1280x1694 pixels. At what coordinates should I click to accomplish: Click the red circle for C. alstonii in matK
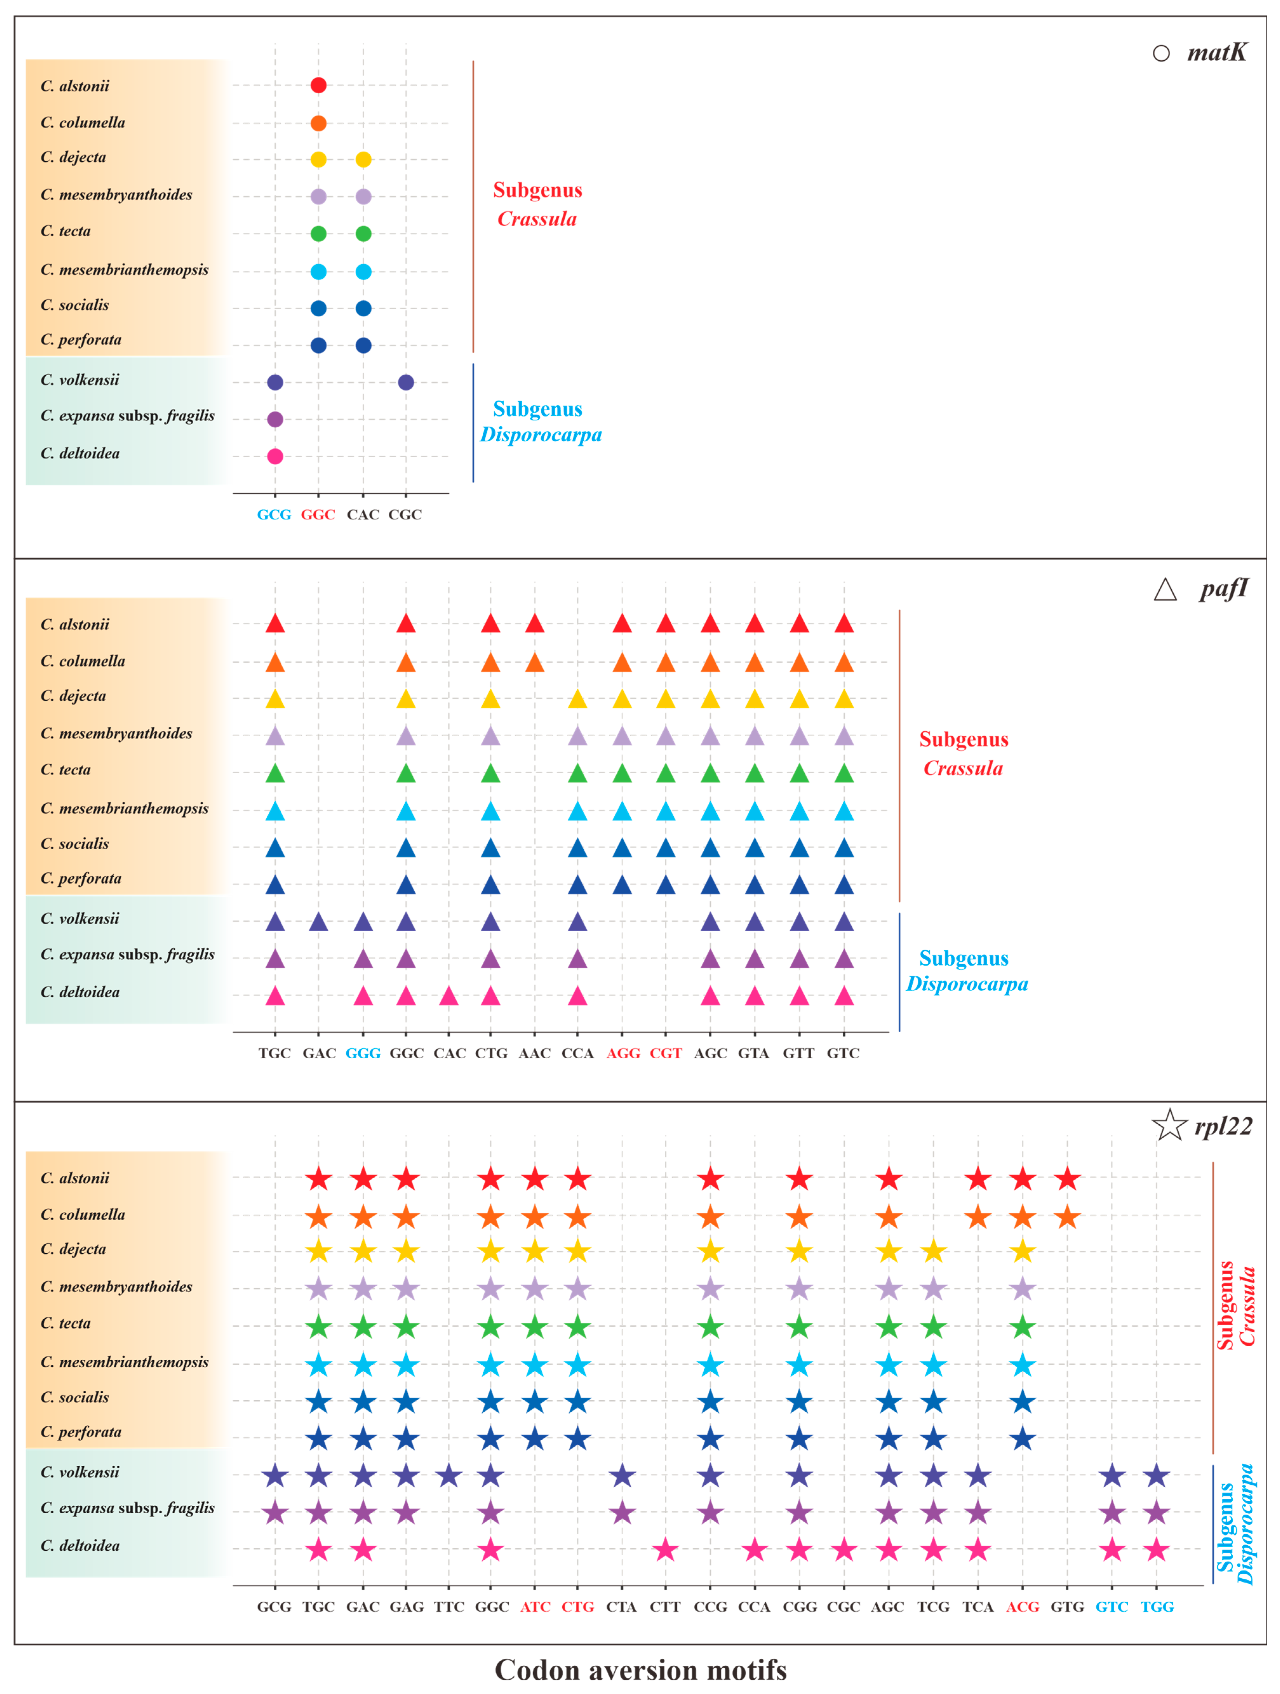coord(319,85)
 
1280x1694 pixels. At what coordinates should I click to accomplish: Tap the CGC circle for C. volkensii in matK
coord(406,382)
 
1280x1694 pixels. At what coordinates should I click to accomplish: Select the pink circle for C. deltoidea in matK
coord(275,456)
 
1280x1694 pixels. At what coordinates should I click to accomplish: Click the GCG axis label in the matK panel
coord(274,515)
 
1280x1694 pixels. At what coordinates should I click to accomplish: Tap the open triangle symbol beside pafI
coord(1165,590)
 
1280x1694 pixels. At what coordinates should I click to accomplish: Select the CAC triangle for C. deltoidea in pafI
coord(449,996)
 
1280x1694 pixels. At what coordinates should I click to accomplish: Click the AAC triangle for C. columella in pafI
coord(535,662)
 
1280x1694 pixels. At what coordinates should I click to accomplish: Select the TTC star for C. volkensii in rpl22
coord(449,1475)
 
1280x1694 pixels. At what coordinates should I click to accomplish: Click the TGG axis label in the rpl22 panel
coord(1157,1607)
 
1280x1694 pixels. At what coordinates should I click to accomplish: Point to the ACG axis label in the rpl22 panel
coord(1022,1607)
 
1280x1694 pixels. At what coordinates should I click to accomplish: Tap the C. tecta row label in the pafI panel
coord(66,770)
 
